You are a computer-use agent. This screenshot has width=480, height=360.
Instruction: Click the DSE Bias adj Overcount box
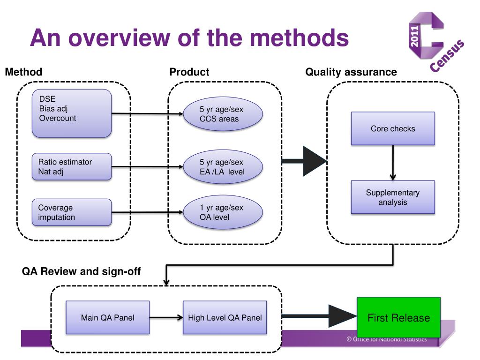(x=72, y=113)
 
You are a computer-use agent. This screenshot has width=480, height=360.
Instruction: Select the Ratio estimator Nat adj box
(x=72, y=166)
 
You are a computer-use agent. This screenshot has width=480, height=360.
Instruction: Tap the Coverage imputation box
(x=72, y=212)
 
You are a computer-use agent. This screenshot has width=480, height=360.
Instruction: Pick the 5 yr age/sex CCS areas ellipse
(x=223, y=114)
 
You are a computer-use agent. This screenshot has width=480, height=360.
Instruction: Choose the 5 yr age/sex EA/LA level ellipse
(x=223, y=167)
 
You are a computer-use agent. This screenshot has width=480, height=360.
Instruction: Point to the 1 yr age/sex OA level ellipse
(x=223, y=213)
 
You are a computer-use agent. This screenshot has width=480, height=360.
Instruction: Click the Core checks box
(x=393, y=128)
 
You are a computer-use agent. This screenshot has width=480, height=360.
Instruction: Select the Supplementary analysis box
(x=393, y=197)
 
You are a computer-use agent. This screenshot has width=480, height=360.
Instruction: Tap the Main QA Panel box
(x=107, y=317)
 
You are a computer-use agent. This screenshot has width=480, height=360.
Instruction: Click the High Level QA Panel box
(x=225, y=317)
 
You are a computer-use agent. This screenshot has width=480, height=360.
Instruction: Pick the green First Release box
(x=398, y=318)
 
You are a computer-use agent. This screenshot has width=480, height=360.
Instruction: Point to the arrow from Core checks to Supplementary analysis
(x=393, y=163)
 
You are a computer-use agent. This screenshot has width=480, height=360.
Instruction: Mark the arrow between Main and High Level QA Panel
(x=166, y=317)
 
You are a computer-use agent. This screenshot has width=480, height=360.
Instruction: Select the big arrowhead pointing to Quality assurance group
(x=313, y=161)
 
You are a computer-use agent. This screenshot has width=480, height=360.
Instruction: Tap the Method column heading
(x=23, y=72)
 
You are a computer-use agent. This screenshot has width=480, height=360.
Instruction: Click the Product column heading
(x=189, y=72)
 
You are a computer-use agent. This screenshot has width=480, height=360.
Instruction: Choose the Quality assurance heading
(x=351, y=72)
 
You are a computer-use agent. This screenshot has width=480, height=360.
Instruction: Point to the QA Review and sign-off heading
(x=81, y=271)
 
